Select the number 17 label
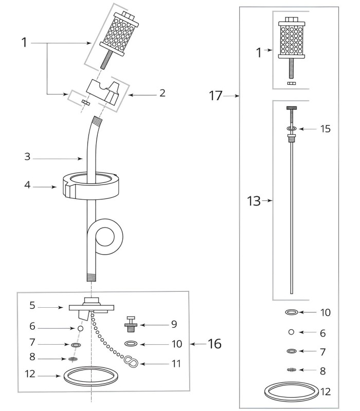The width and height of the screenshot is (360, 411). tap(216, 96)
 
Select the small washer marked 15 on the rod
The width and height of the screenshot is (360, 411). tap(292, 128)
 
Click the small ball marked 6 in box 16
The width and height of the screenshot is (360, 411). tap(81, 328)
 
